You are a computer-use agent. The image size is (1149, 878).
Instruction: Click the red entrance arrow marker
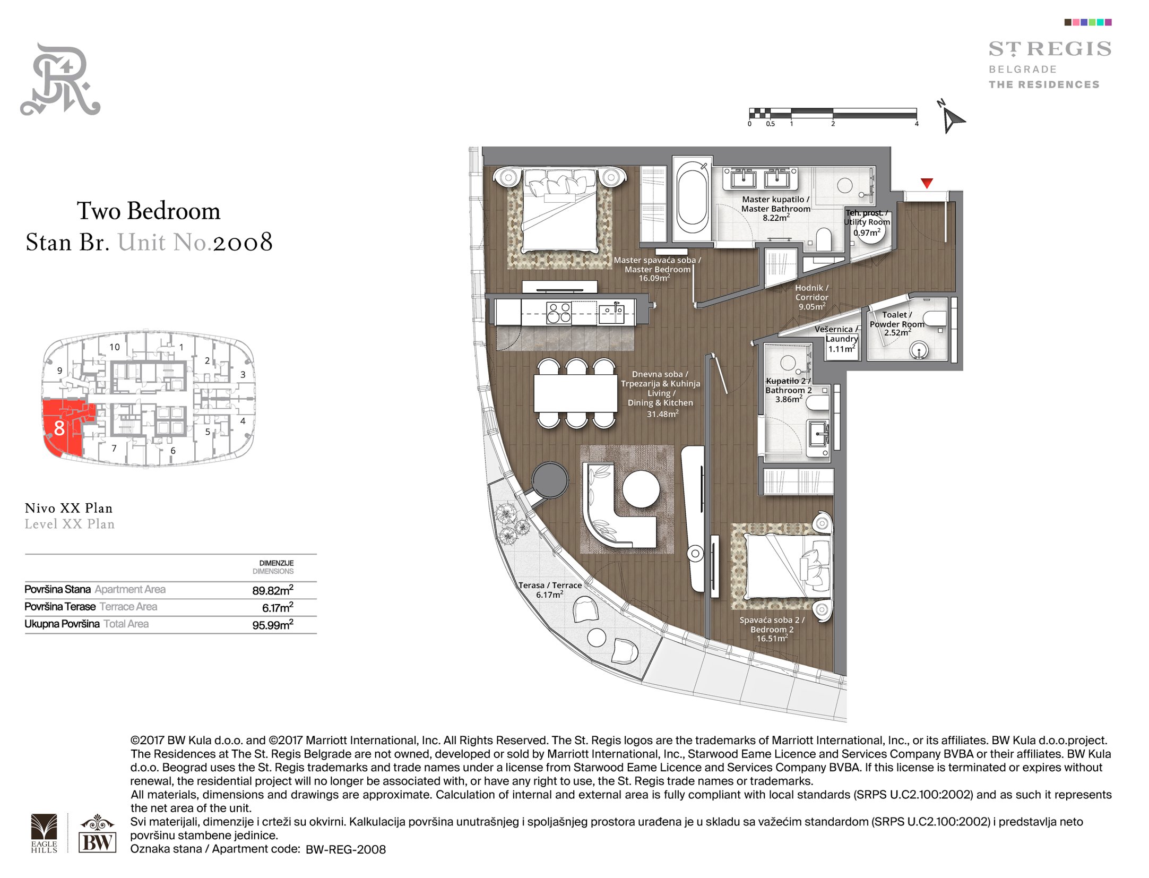(x=927, y=183)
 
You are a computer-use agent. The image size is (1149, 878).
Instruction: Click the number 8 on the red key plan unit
(x=59, y=428)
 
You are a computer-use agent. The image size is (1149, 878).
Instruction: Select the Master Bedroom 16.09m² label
(x=658, y=269)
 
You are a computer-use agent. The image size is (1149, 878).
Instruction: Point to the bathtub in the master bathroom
(x=692, y=197)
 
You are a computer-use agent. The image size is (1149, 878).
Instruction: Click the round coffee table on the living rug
(x=641, y=489)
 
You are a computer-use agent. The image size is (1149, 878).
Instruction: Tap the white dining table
(x=575, y=393)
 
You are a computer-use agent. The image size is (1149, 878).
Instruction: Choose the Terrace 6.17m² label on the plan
(x=550, y=590)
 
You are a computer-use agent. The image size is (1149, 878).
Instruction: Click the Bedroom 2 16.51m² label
(x=772, y=629)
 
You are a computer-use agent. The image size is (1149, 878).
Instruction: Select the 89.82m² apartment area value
(x=273, y=590)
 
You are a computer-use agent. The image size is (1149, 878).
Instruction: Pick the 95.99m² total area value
(x=273, y=625)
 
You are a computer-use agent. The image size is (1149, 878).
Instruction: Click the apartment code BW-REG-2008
(x=345, y=849)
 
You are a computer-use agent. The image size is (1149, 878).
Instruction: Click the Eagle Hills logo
(x=44, y=833)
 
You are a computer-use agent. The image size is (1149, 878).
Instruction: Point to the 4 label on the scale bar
(x=917, y=124)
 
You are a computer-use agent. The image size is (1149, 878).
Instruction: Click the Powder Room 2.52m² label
(x=897, y=324)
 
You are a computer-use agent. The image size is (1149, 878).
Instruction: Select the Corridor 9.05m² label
(x=811, y=297)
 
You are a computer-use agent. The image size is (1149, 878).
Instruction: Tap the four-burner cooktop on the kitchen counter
(x=559, y=313)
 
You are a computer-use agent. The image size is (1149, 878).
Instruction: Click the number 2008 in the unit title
(x=243, y=243)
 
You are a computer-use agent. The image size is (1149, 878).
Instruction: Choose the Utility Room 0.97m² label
(x=867, y=222)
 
